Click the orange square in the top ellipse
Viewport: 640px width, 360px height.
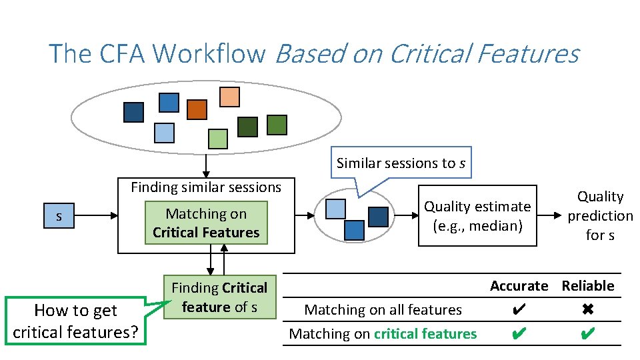197,109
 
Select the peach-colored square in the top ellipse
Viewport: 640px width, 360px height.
229,97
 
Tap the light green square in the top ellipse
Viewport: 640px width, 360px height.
217,139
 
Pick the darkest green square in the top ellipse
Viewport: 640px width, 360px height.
248,127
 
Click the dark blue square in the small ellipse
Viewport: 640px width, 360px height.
378,217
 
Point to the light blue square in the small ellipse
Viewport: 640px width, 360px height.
335,209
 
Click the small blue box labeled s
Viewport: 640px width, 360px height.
59,216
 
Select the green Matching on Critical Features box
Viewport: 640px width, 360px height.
206,223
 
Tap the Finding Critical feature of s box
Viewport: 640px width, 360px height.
219,297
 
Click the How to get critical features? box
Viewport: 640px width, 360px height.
75,321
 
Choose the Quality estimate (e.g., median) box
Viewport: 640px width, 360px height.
477,216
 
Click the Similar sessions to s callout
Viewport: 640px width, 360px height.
401,163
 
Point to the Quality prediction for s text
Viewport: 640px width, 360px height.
600,215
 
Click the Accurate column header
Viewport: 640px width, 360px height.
519,285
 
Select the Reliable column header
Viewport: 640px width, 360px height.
587,285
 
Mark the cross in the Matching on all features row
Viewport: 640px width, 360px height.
587,309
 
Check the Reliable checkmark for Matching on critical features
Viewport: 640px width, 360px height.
587,333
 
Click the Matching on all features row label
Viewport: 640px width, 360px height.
383,309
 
